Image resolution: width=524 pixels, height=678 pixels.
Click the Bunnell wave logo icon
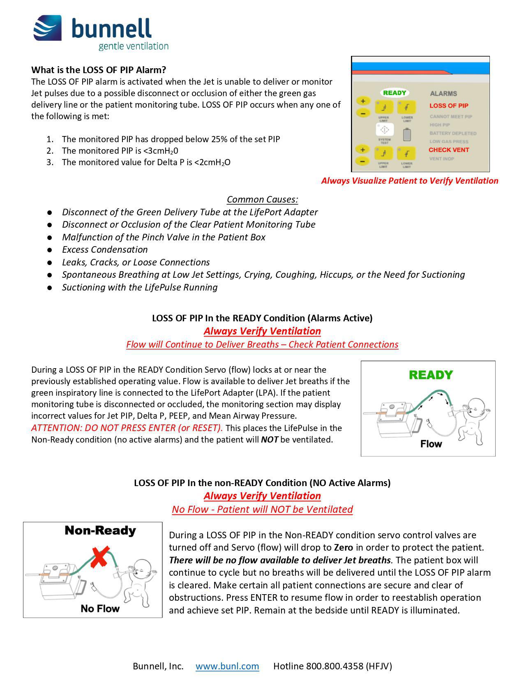(48, 28)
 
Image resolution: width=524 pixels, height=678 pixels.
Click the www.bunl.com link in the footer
(227, 666)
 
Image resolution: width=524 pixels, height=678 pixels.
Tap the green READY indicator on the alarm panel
(395, 93)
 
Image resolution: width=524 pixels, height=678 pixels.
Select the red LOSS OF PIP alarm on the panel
(449, 106)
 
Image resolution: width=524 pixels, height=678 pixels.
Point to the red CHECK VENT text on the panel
(449, 150)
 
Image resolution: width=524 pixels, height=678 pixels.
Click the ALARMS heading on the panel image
(443, 94)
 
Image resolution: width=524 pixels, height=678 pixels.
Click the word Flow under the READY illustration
(431, 444)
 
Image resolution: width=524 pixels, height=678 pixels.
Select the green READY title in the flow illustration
(431, 375)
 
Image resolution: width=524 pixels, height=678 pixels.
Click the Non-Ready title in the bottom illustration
(100, 530)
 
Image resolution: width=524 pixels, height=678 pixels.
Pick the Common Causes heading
(262, 200)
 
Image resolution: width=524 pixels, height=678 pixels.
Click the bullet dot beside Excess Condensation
(50, 250)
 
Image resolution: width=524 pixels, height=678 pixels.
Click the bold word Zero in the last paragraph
(344, 548)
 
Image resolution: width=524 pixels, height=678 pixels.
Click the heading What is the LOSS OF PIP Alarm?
(99, 70)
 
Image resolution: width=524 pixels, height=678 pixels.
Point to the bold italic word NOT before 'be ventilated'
(269, 440)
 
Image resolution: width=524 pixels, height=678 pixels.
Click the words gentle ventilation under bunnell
(134, 46)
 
